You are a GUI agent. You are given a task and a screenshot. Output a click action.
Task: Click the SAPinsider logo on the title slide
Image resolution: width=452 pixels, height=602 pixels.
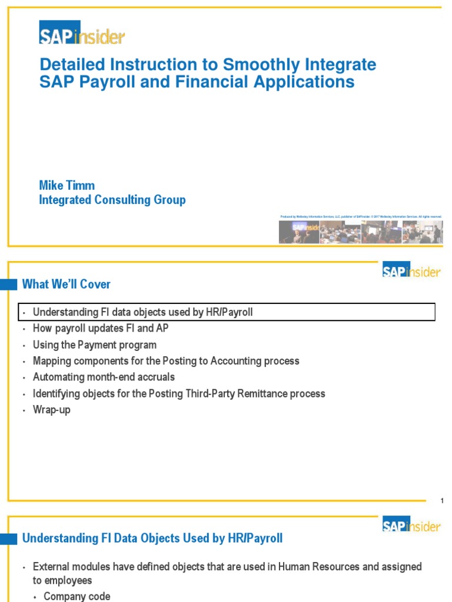click(x=82, y=33)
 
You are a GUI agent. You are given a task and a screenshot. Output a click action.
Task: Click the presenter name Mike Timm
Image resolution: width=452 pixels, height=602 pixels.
click(x=67, y=186)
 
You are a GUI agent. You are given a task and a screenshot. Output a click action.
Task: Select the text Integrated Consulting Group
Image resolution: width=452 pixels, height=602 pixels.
click(x=112, y=200)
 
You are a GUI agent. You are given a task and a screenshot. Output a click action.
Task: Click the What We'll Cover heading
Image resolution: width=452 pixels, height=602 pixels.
click(x=66, y=285)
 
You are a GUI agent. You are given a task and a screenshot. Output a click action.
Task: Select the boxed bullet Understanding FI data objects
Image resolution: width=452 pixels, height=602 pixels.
click(x=142, y=312)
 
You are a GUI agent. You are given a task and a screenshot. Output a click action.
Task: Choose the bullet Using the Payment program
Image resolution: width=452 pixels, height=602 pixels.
click(x=94, y=345)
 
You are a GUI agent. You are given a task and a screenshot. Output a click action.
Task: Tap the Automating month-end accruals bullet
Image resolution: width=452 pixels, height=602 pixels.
click(x=104, y=377)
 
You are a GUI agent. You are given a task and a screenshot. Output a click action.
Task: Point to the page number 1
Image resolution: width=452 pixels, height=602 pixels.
click(x=441, y=500)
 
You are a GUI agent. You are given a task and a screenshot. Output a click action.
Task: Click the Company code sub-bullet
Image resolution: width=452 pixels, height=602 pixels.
click(x=77, y=596)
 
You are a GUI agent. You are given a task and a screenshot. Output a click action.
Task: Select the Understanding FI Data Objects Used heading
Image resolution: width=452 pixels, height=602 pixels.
click(x=152, y=538)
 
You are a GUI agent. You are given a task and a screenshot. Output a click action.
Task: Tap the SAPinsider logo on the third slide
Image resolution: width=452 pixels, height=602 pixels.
click(x=411, y=525)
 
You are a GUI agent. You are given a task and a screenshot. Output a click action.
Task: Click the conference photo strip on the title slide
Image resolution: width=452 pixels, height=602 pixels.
click(x=360, y=232)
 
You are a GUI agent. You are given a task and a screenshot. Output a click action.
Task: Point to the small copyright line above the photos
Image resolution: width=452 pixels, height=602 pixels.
click(x=360, y=217)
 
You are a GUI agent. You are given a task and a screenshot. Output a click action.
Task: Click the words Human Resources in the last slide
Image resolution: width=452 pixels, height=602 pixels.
click(x=314, y=567)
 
